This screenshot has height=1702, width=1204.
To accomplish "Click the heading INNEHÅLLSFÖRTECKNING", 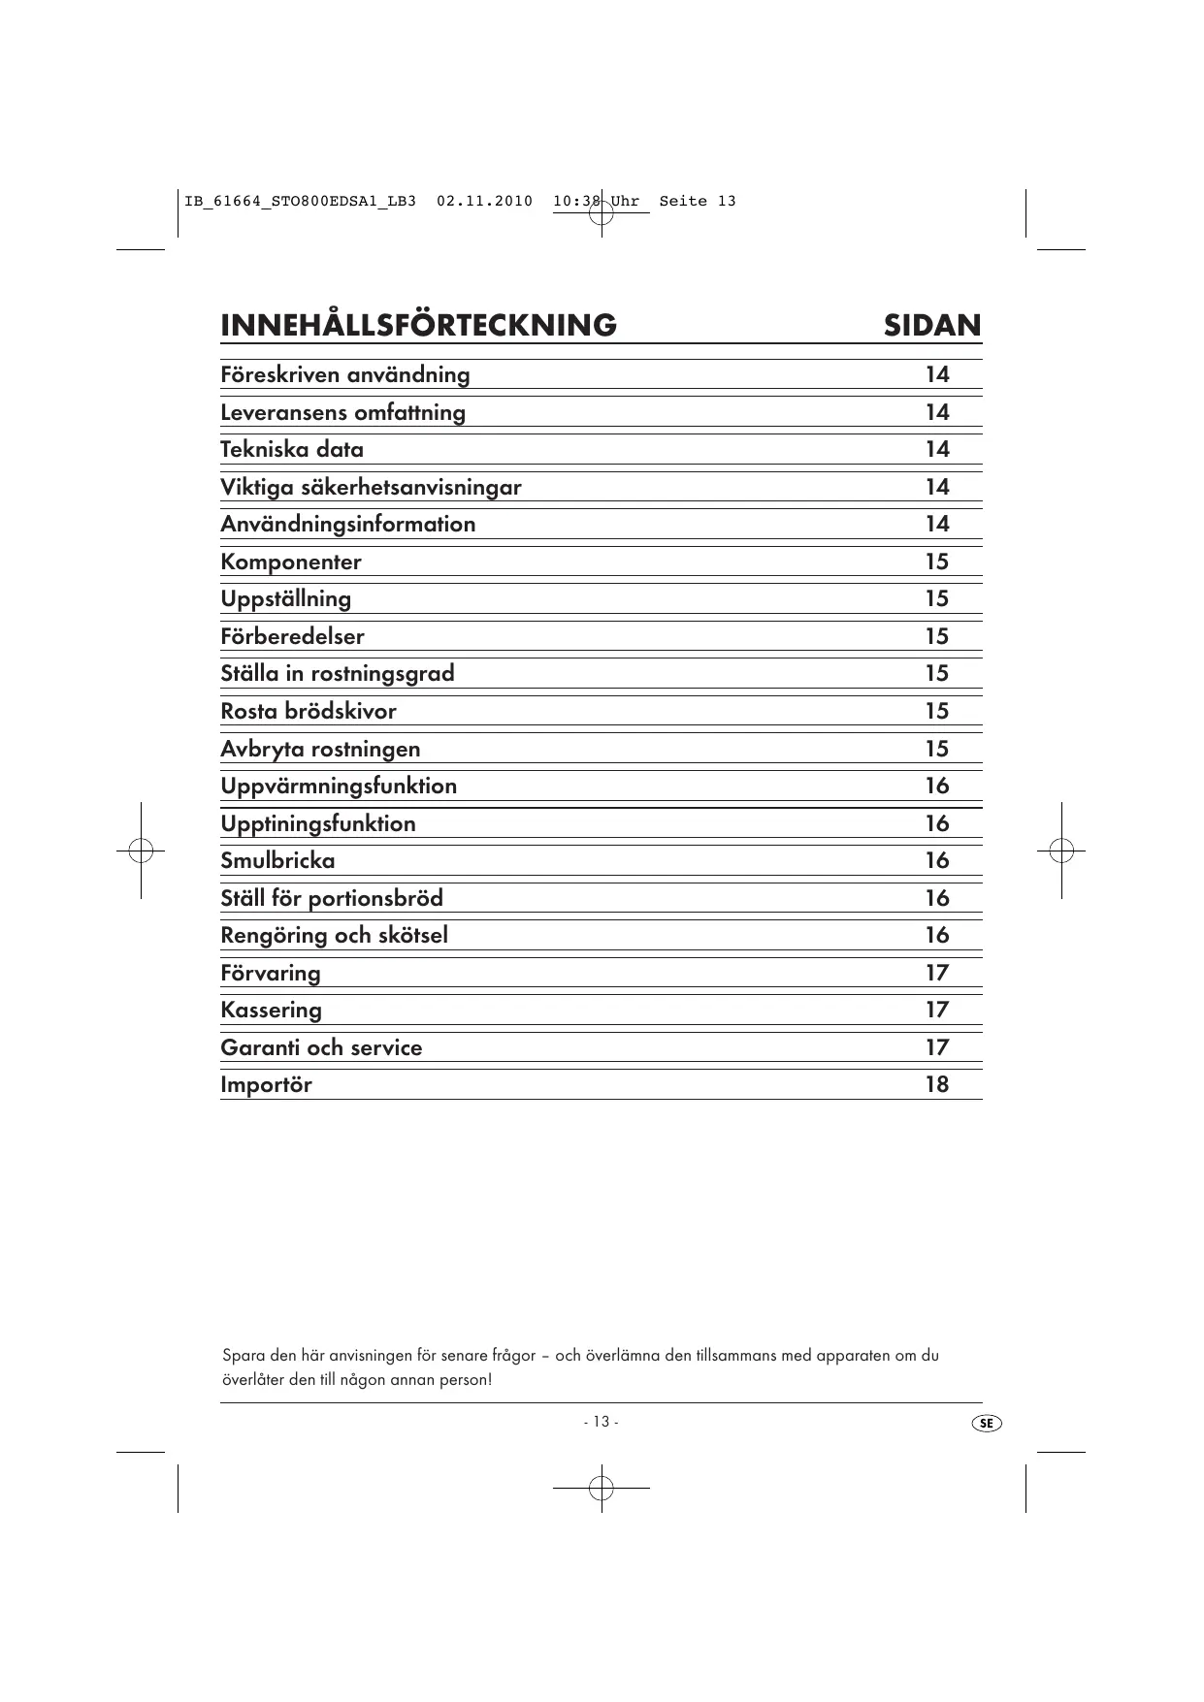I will [x=418, y=325].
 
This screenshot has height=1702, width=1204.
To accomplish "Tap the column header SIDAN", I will [x=931, y=325].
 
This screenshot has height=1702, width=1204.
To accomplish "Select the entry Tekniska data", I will [x=292, y=449].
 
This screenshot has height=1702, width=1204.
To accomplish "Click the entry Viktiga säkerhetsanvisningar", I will [x=371, y=487].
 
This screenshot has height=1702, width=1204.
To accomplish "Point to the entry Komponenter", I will [x=291, y=562].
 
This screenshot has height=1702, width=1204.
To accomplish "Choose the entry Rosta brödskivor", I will [x=309, y=711].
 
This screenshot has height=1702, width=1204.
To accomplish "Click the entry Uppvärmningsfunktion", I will [x=339, y=786].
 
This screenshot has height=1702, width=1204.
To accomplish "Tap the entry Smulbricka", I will [x=277, y=860].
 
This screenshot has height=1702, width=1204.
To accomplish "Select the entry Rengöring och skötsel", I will [x=334, y=935].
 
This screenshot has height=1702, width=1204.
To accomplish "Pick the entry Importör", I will [x=266, y=1084].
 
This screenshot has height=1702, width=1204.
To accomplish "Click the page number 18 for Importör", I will [x=936, y=1084].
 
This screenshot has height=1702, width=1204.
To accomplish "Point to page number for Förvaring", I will [x=936, y=973].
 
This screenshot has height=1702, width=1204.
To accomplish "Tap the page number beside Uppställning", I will [x=936, y=598].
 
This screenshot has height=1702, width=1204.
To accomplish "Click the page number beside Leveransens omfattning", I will [x=936, y=412].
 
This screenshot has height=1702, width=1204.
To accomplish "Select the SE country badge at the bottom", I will [x=986, y=1423].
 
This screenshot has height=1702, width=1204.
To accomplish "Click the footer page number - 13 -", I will [x=601, y=1422].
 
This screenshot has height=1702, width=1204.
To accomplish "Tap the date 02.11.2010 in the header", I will [x=484, y=202].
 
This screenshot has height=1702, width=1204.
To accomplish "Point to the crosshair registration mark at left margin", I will [x=141, y=851].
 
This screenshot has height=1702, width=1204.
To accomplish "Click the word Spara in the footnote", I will [x=240, y=1355].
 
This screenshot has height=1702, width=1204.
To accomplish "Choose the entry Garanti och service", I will [x=321, y=1047].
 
